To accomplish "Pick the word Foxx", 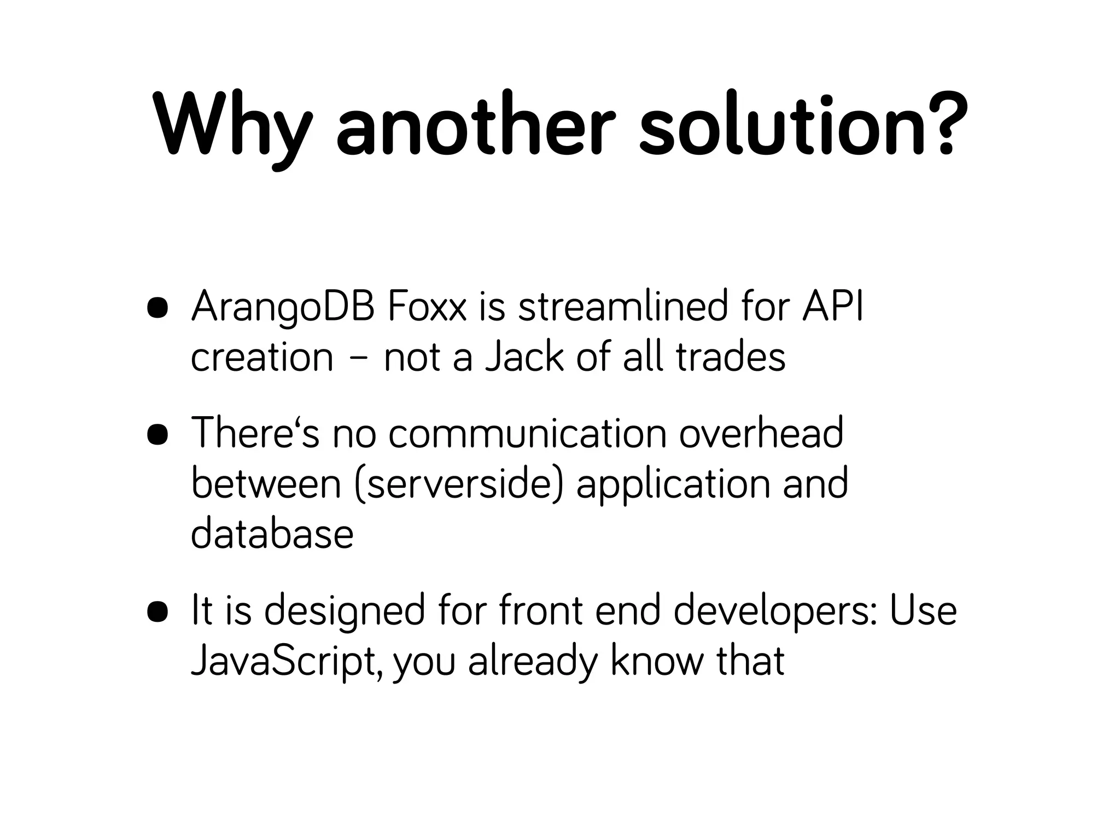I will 427,307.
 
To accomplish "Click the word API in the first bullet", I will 833,307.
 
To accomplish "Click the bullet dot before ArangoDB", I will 157,308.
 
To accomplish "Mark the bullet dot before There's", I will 157,435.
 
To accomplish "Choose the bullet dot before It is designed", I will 157,612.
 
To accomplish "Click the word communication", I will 527,434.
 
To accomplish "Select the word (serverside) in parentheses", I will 458,485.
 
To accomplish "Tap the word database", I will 272,534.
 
